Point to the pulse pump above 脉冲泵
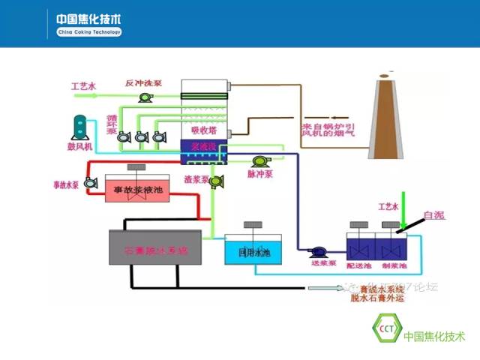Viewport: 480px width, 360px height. pyautogui.click(x=261, y=160)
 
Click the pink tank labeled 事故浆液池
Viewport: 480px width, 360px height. pyautogui.click(x=138, y=190)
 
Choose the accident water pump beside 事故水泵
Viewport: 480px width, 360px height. pyautogui.click(x=90, y=182)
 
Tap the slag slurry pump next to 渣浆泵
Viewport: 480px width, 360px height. pyautogui.click(x=216, y=181)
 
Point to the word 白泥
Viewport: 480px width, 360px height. pyautogui.click(x=433, y=215)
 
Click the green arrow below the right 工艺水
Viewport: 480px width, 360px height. pyautogui.click(x=403, y=214)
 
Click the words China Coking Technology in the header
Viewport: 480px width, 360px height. pyautogui.click(x=88, y=33)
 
